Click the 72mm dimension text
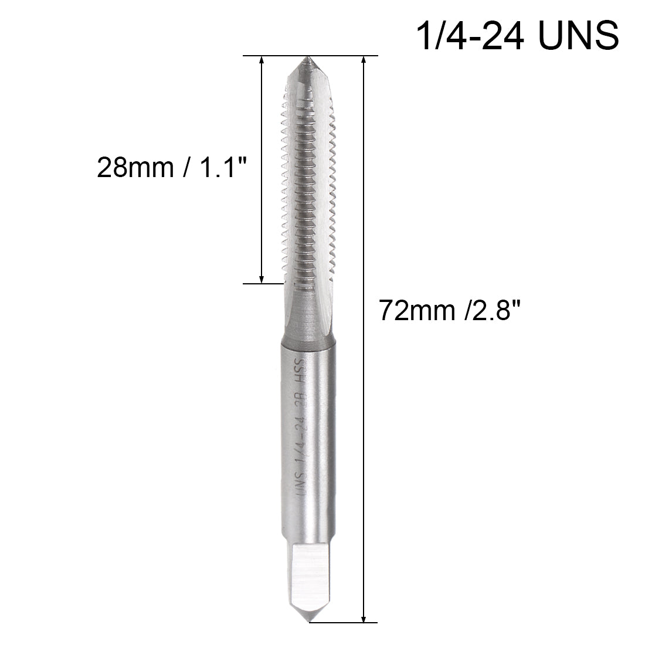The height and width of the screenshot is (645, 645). point(415,309)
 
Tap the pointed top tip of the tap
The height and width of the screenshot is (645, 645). point(306,59)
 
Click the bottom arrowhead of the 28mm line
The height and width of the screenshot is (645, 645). point(262,278)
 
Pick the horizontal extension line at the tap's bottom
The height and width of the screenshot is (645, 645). point(343,622)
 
